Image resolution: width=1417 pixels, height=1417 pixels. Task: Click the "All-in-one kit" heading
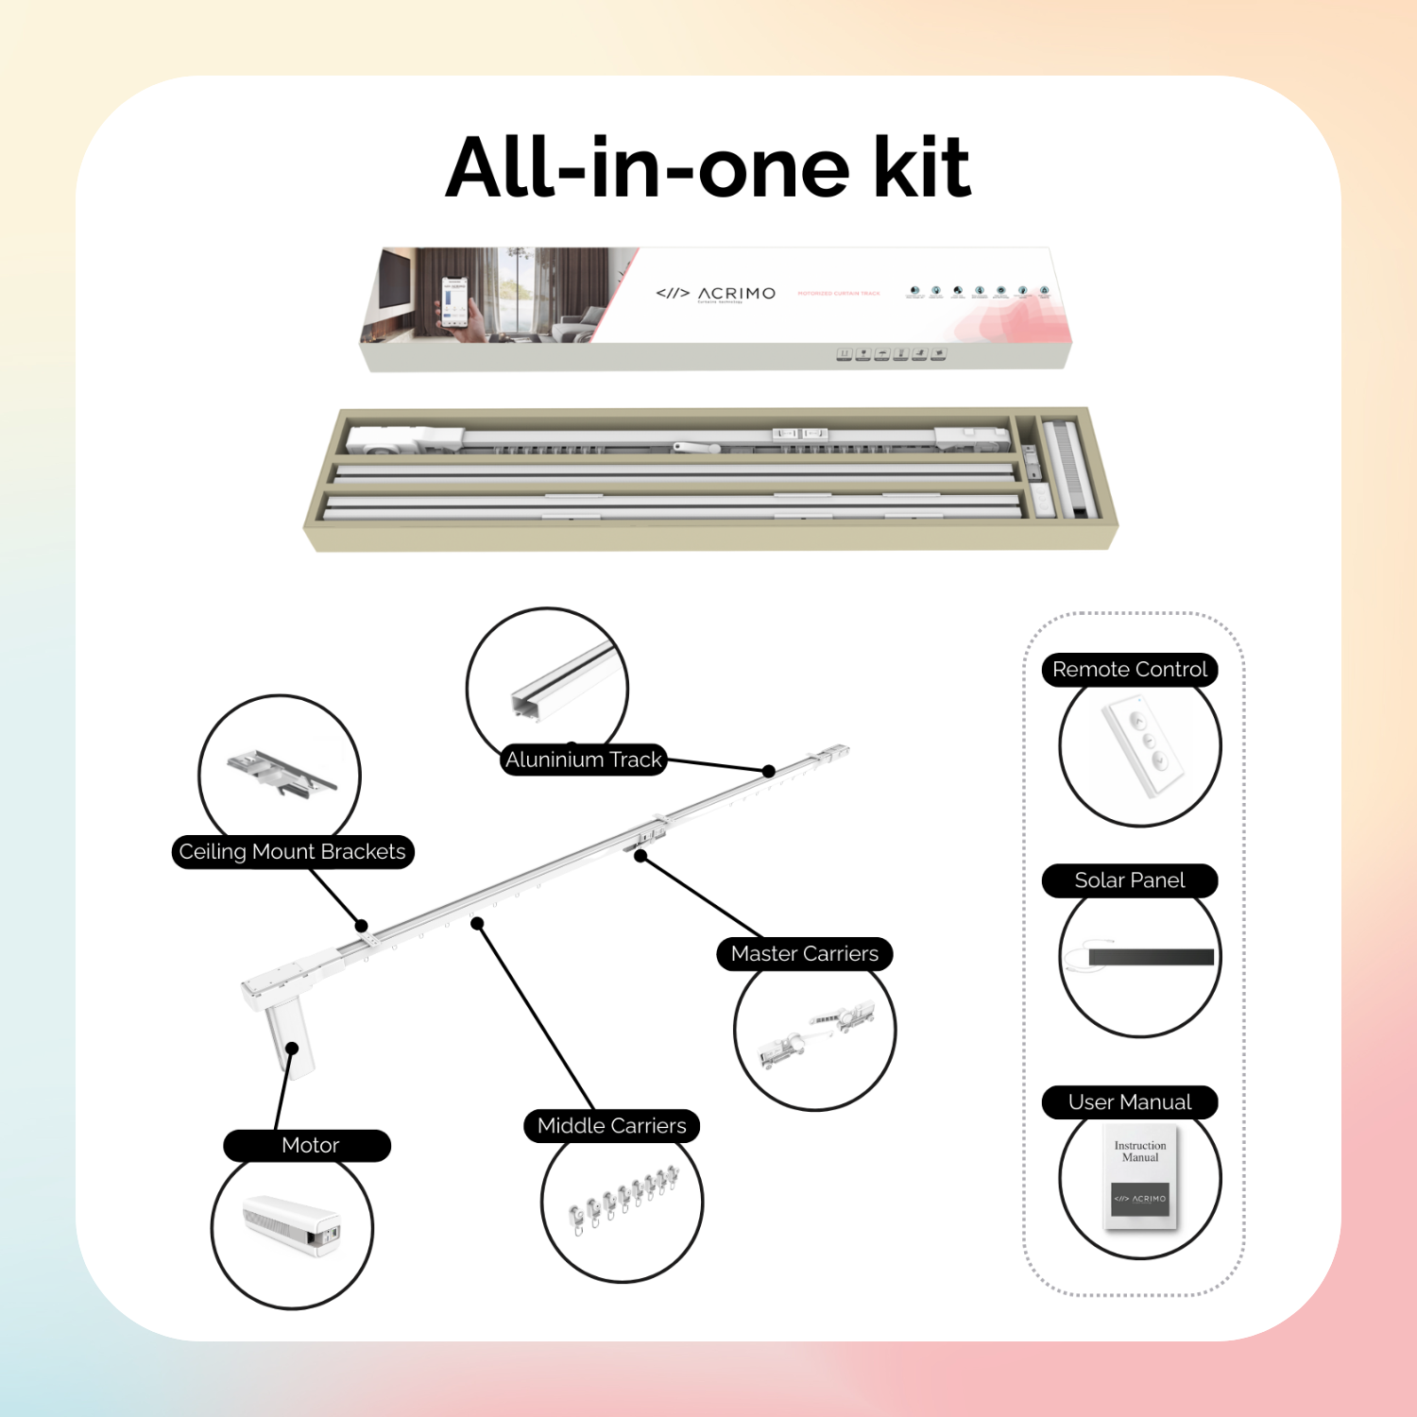pos(708,167)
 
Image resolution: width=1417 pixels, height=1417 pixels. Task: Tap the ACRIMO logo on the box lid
pos(716,294)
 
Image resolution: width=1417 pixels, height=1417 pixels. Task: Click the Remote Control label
pos(1129,670)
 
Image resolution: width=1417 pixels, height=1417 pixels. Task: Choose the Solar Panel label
pos(1129,880)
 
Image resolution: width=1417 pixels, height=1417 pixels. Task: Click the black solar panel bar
pos(1150,957)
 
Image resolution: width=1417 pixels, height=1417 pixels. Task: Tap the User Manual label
pos(1129,1102)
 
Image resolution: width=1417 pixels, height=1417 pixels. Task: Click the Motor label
pos(309,1146)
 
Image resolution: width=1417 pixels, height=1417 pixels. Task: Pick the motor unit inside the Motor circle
pos(292,1225)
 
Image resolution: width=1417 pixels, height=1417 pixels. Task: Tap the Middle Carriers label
pos(611,1126)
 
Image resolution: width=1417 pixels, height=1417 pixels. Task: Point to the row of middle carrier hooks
pos(623,1198)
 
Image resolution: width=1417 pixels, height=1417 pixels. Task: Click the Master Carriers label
pos(804,954)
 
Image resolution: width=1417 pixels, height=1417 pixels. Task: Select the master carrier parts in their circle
pos(816,1033)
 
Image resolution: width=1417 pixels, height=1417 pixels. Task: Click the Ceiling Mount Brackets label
pos(292,852)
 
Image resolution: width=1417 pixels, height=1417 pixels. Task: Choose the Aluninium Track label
pos(583,760)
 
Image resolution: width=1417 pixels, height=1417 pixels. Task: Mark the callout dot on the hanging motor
pos(292,1048)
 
